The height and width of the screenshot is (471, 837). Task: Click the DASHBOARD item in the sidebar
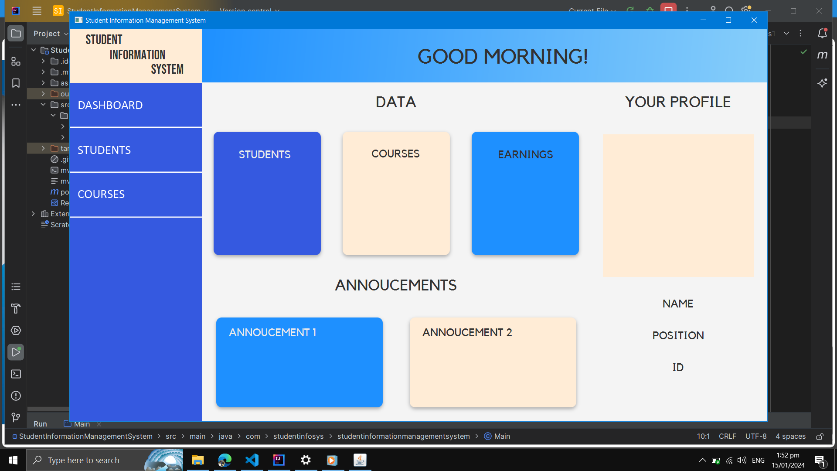point(110,105)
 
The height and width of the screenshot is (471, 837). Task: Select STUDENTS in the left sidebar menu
point(104,150)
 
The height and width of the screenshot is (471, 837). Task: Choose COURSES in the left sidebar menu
point(101,194)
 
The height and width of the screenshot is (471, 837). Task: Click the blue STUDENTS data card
point(267,193)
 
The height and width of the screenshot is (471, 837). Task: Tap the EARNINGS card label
point(525,154)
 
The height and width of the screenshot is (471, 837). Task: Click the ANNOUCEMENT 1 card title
point(272,332)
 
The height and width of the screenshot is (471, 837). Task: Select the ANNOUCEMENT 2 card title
point(467,332)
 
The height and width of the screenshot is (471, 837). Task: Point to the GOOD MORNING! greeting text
point(503,56)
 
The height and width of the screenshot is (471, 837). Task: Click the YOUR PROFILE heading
point(677,102)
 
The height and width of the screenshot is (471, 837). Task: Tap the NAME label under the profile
point(677,304)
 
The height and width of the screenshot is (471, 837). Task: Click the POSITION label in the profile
point(678,335)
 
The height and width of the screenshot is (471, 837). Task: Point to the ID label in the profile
point(678,367)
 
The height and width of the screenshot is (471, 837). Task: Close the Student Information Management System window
point(754,20)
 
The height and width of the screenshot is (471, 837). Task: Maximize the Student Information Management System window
point(728,20)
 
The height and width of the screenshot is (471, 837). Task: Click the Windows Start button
point(13,460)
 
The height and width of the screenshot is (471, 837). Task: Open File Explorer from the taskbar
point(198,460)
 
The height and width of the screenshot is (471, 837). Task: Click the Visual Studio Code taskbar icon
point(252,460)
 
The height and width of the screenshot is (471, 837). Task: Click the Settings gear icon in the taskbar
point(306,460)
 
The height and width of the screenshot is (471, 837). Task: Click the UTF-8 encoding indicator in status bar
point(756,436)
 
